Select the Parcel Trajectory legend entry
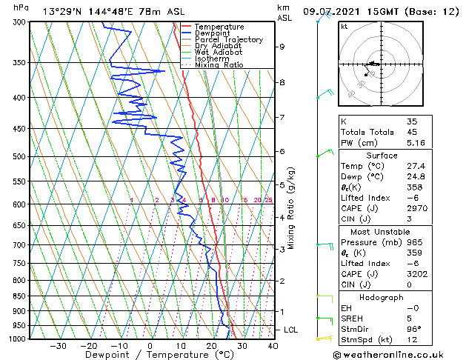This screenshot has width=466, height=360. [228, 40]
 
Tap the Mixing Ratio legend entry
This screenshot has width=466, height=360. [219, 65]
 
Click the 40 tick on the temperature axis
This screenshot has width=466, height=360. [273, 346]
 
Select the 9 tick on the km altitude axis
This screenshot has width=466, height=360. [282, 47]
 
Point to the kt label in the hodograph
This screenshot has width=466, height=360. [344, 27]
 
